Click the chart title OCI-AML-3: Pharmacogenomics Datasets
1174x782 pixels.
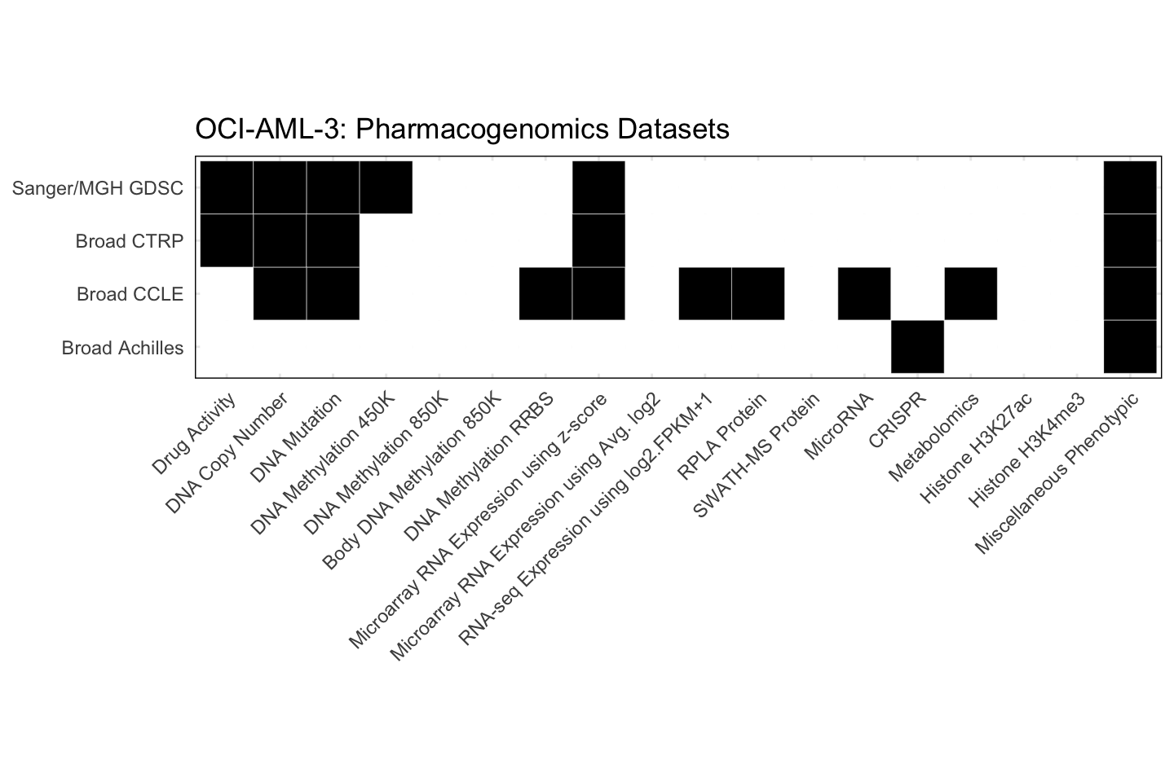pyautogui.click(x=461, y=129)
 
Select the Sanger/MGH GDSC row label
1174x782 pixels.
pyautogui.click(x=98, y=188)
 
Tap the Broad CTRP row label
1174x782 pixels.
pyautogui.click(x=129, y=241)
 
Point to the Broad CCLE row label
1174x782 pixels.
pyautogui.click(x=130, y=294)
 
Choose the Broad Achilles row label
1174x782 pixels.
pyautogui.click(x=122, y=348)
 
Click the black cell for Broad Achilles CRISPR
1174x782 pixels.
pyautogui.click(x=917, y=347)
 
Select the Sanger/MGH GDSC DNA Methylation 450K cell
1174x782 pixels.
pyautogui.click(x=386, y=187)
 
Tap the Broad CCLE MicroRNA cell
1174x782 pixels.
pyautogui.click(x=864, y=293)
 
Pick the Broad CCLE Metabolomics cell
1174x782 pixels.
pyautogui.click(x=970, y=293)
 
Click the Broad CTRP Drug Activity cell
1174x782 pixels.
pyautogui.click(x=227, y=240)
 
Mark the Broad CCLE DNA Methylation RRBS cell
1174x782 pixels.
pyautogui.click(x=545, y=293)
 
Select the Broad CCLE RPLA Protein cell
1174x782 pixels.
pyautogui.click(x=758, y=293)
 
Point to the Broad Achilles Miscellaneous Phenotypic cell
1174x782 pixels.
pyautogui.click(x=1130, y=347)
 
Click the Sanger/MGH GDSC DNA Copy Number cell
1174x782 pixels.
pyautogui.click(x=280, y=187)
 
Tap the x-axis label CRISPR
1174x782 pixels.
pyautogui.click(x=897, y=420)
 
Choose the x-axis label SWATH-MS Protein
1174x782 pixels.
pyautogui.click(x=755, y=456)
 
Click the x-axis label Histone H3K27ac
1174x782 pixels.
pyautogui.click(x=975, y=448)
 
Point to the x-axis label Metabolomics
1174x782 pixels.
pyautogui.click(x=933, y=437)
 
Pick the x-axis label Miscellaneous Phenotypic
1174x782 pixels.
pyautogui.click(x=1056, y=472)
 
